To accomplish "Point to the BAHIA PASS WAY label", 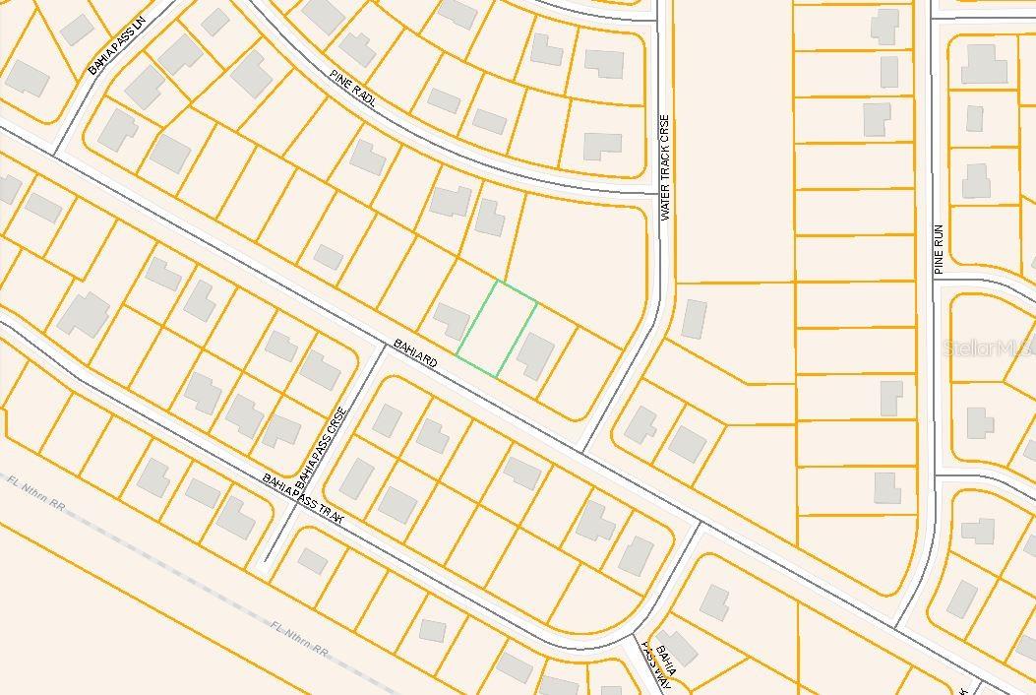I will (x=658, y=665).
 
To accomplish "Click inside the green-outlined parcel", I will (x=497, y=328).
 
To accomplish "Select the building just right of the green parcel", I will (x=535, y=354).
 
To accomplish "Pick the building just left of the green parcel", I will (x=452, y=320).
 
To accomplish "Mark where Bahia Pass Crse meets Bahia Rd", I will (x=383, y=346).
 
